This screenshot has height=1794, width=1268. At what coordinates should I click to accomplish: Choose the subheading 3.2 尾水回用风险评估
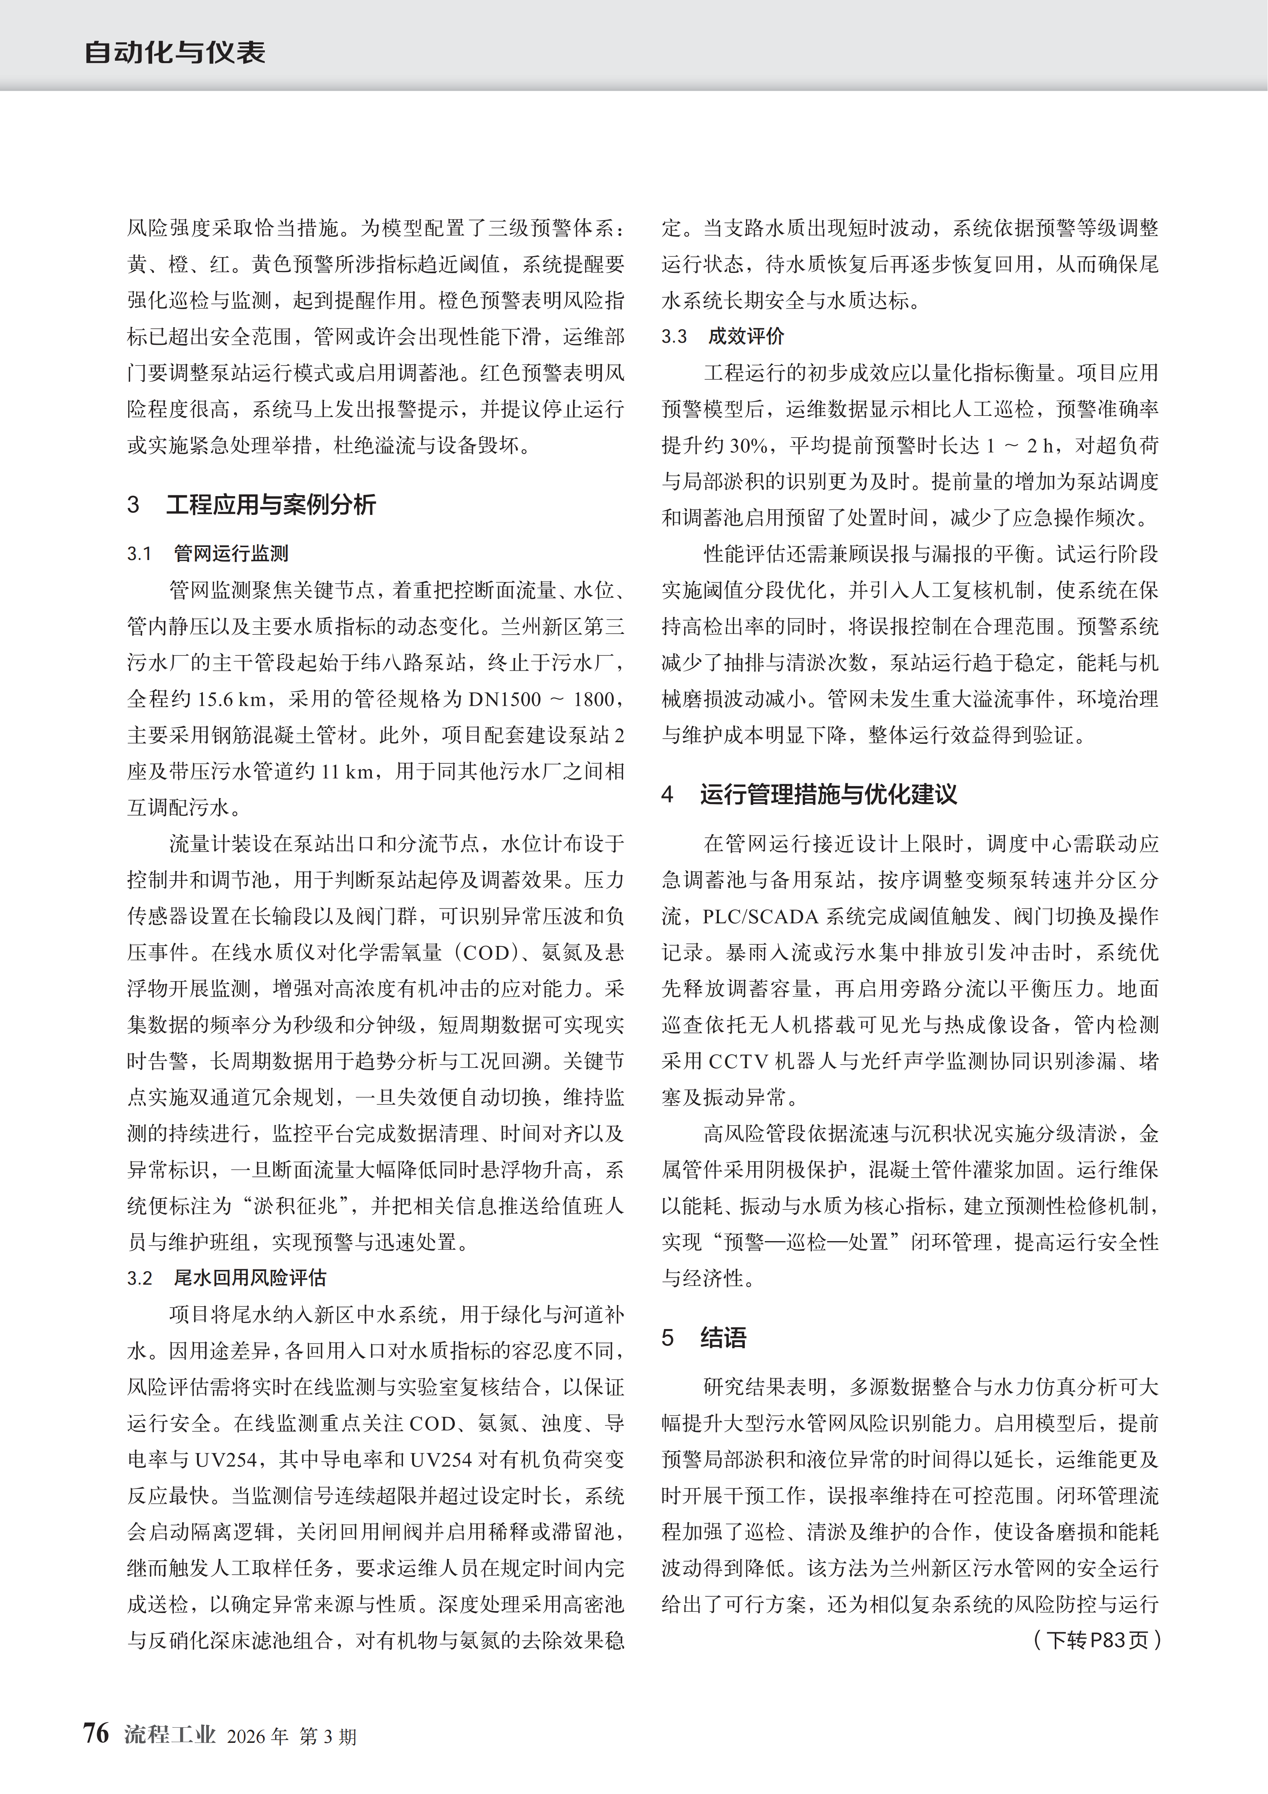coord(226,1277)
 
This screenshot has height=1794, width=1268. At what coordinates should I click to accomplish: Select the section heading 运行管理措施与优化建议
coord(828,795)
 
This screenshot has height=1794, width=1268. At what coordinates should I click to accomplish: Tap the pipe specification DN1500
coord(504,699)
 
